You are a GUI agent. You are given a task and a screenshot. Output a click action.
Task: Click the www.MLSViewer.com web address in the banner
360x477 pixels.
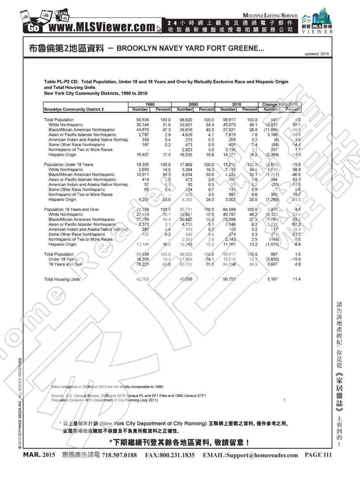click(x=101, y=27)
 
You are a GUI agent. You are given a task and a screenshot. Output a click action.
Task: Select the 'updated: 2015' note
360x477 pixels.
click(x=317, y=54)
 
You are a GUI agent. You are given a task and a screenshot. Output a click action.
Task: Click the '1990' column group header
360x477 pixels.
click(x=149, y=104)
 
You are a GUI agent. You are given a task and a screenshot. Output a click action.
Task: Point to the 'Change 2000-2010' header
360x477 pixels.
click(x=280, y=104)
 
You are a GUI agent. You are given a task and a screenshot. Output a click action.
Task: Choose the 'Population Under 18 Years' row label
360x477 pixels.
click(x=68, y=165)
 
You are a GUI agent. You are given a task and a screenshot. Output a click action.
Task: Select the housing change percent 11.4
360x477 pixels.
click(x=297, y=279)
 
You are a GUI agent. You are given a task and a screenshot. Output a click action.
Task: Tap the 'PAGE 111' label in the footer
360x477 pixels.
click(x=318, y=455)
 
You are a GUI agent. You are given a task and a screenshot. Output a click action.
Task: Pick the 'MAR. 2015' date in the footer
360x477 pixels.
click(x=39, y=455)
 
